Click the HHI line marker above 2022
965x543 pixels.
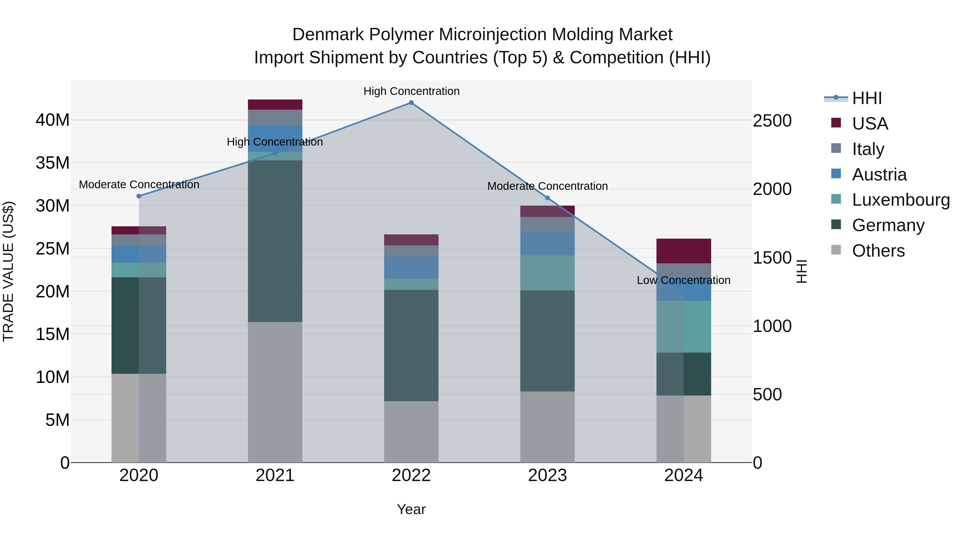click(411, 103)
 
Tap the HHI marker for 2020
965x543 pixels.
click(139, 196)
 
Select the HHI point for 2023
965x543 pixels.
click(547, 198)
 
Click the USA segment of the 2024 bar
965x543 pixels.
click(684, 251)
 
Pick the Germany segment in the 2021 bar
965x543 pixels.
click(275, 241)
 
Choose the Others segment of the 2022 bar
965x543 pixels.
click(411, 432)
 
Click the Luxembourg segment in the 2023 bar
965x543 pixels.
click(547, 273)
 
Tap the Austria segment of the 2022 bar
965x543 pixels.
click(411, 268)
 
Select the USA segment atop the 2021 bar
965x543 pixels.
click(275, 105)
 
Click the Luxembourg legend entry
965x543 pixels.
click(901, 200)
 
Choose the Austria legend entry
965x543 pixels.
click(879, 175)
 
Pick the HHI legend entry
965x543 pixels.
click(866, 98)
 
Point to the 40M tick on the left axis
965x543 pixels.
click(53, 120)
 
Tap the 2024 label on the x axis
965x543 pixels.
click(684, 475)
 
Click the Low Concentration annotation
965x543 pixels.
click(684, 280)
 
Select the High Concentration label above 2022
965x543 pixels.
click(411, 91)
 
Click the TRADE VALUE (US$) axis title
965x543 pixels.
click(8, 271)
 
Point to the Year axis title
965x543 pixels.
click(411, 509)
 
